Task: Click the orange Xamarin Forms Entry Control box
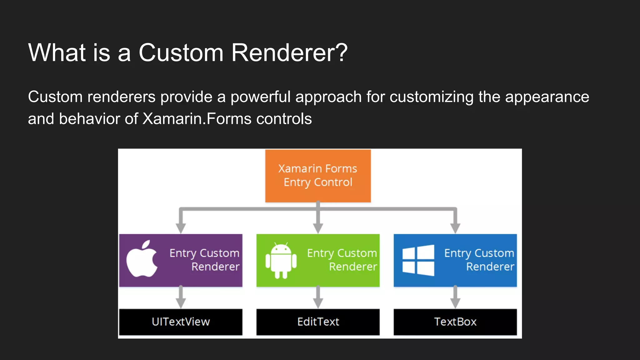click(318, 176)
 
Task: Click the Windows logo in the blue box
click(418, 260)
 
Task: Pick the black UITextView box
click(181, 322)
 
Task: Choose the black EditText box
click(318, 322)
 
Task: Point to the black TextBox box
click(455, 322)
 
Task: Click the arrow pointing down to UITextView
click(181, 297)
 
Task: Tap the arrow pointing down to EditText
click(318, 297)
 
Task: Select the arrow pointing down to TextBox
click(455, 297)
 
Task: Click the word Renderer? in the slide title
click(289, 52)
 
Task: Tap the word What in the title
click(57, 52)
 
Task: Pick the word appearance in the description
click(547, 97)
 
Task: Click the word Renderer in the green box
click(353, 267)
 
